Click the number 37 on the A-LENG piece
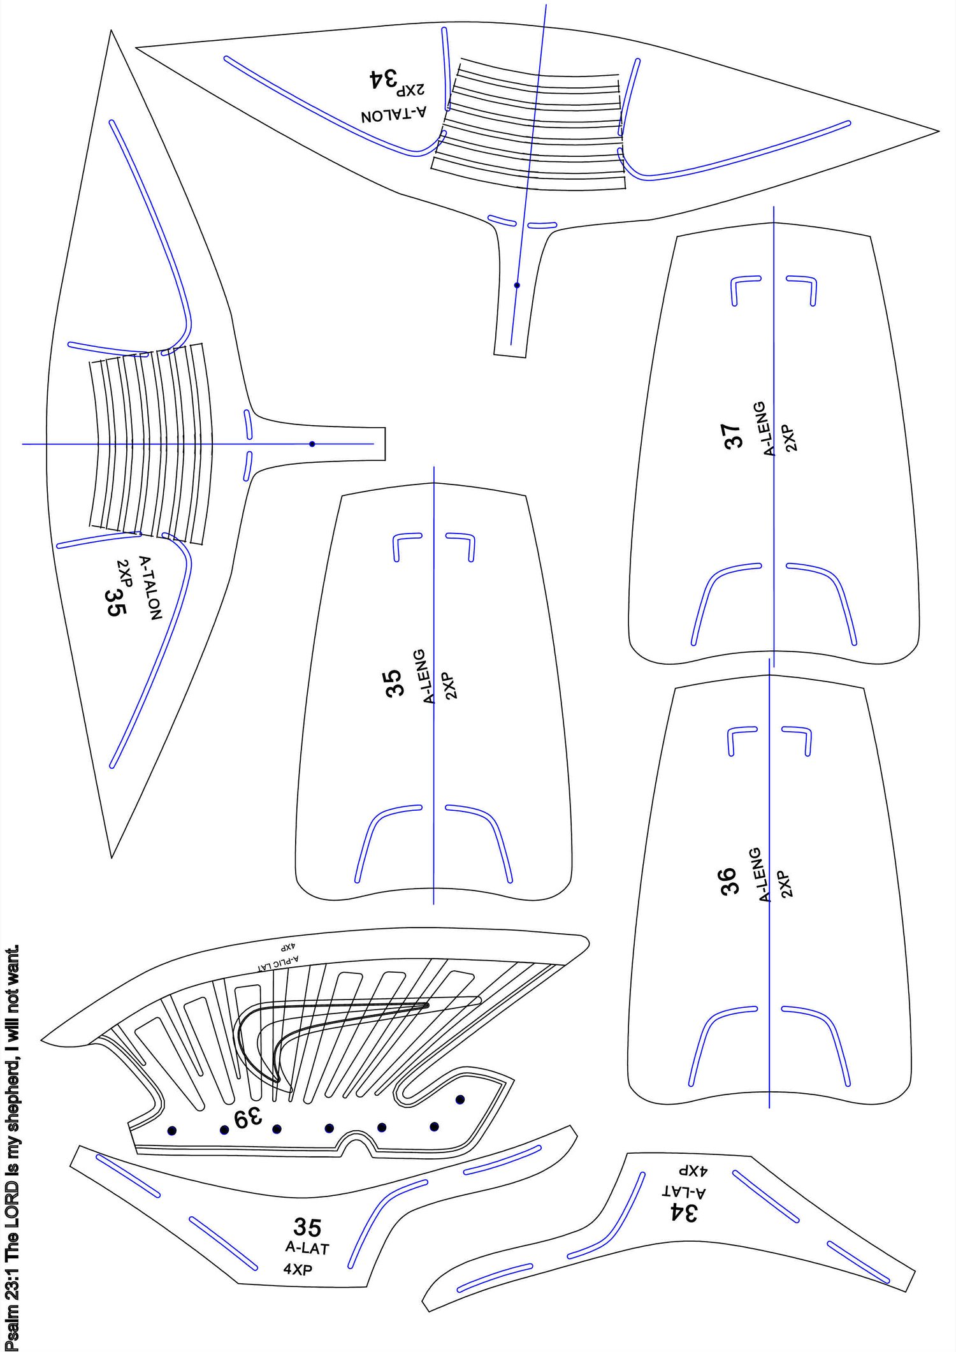pyautogui.click(x=734, y=436)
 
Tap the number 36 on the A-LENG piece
pyautogui.click(x=728, y=881)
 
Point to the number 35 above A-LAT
pyautogui.click(x=307, y=1226)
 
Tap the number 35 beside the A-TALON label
pyautogui.click(x=116, y=602)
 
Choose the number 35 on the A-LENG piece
pyautogui.click(x=395, y=682)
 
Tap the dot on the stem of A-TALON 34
pyautogui.click(x=517, y=285)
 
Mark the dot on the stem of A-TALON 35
pyautogui.click(x=312, y=444)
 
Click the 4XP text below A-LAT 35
pyautogui.click(x=298, y=1269)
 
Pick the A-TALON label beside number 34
pyautogui.click(x=394, y=115)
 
